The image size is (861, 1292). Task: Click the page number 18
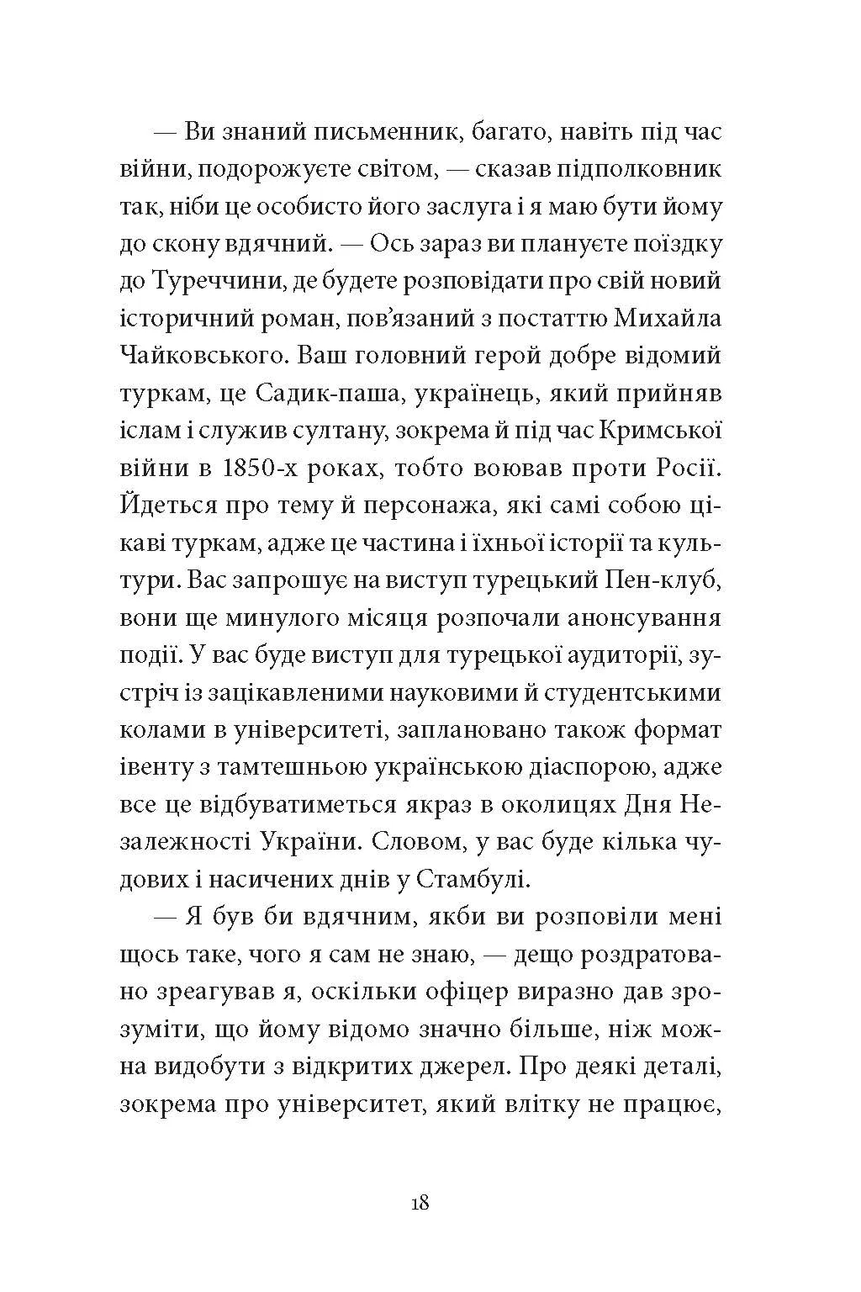pos(420,1203)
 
